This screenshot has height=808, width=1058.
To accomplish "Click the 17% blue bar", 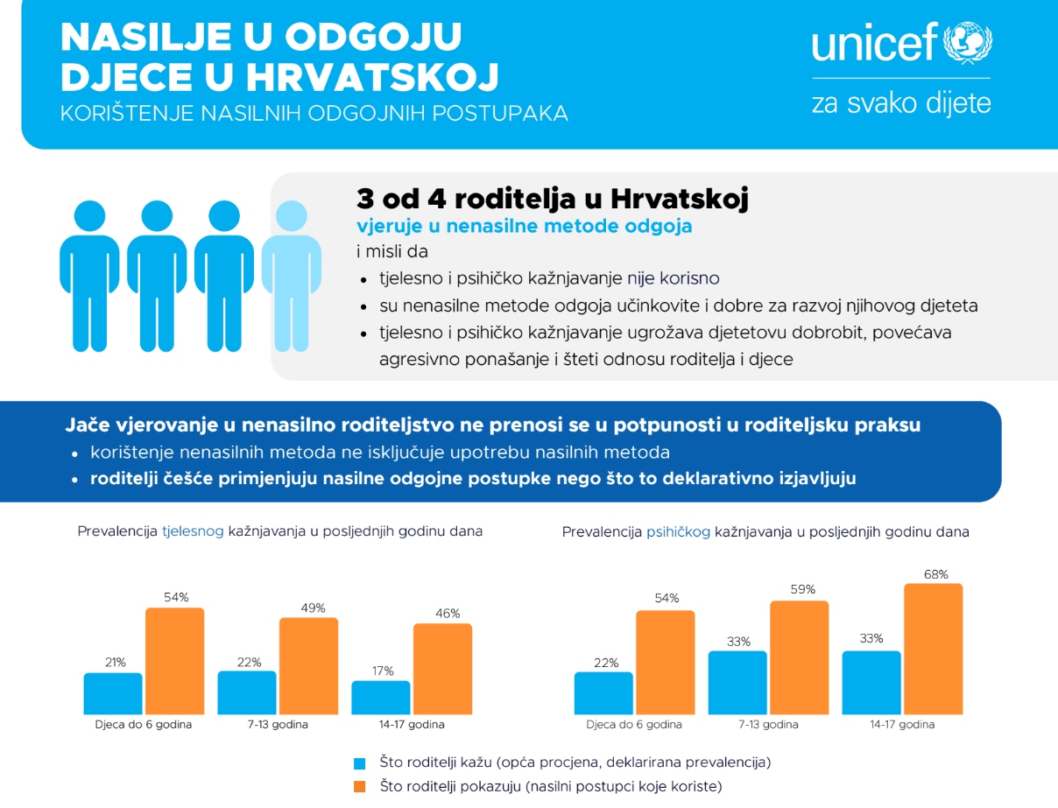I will point(381,697).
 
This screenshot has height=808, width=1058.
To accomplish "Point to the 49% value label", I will point(313,608).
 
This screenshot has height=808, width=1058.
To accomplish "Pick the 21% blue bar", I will point(113,693).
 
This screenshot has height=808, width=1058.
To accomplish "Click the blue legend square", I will point(359,762).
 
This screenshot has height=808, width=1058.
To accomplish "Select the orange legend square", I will point(359,787).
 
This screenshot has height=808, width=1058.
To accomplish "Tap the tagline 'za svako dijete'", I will point(901,103).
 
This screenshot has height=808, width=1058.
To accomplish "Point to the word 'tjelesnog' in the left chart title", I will point(194,530).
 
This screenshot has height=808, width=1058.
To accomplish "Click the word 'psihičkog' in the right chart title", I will point(678,531).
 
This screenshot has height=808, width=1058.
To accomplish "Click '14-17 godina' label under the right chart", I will point(902,725).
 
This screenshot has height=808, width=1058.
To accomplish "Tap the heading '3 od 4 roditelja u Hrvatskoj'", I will point(552,199).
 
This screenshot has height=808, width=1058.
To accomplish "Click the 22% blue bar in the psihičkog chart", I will point(603,693).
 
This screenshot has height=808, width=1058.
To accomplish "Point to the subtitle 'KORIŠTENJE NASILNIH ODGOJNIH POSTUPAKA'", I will point(314,115).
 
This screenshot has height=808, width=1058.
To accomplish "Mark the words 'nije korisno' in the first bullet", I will point(674,279).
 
